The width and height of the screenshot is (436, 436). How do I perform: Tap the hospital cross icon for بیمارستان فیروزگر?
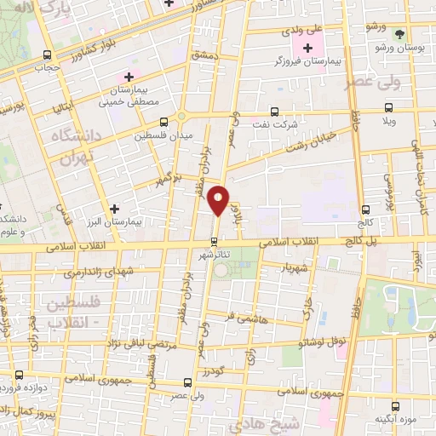pyautogui.click(x=307, y=49)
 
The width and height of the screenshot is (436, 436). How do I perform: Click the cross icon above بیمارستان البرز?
pyautogui.click(x=115, y=207)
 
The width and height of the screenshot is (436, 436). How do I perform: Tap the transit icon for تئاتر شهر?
pyautogui.click(x=214, y=239)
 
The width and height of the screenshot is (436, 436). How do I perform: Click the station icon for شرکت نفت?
pyautogui.click(x=273, y=111)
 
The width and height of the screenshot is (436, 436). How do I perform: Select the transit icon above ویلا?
pyautogui.click(x=389, y=108)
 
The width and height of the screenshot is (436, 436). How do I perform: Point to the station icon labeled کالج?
pyautogui.click(x=365, y=209)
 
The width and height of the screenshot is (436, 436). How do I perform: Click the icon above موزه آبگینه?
pyautogui.click(x=393, y=406)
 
